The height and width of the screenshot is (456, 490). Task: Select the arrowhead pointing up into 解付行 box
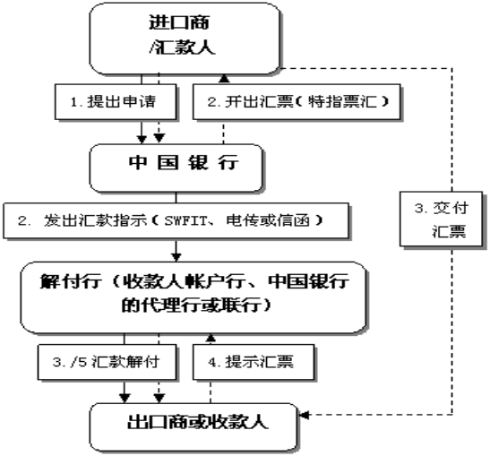pyautogui.click(x=211, y=339)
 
